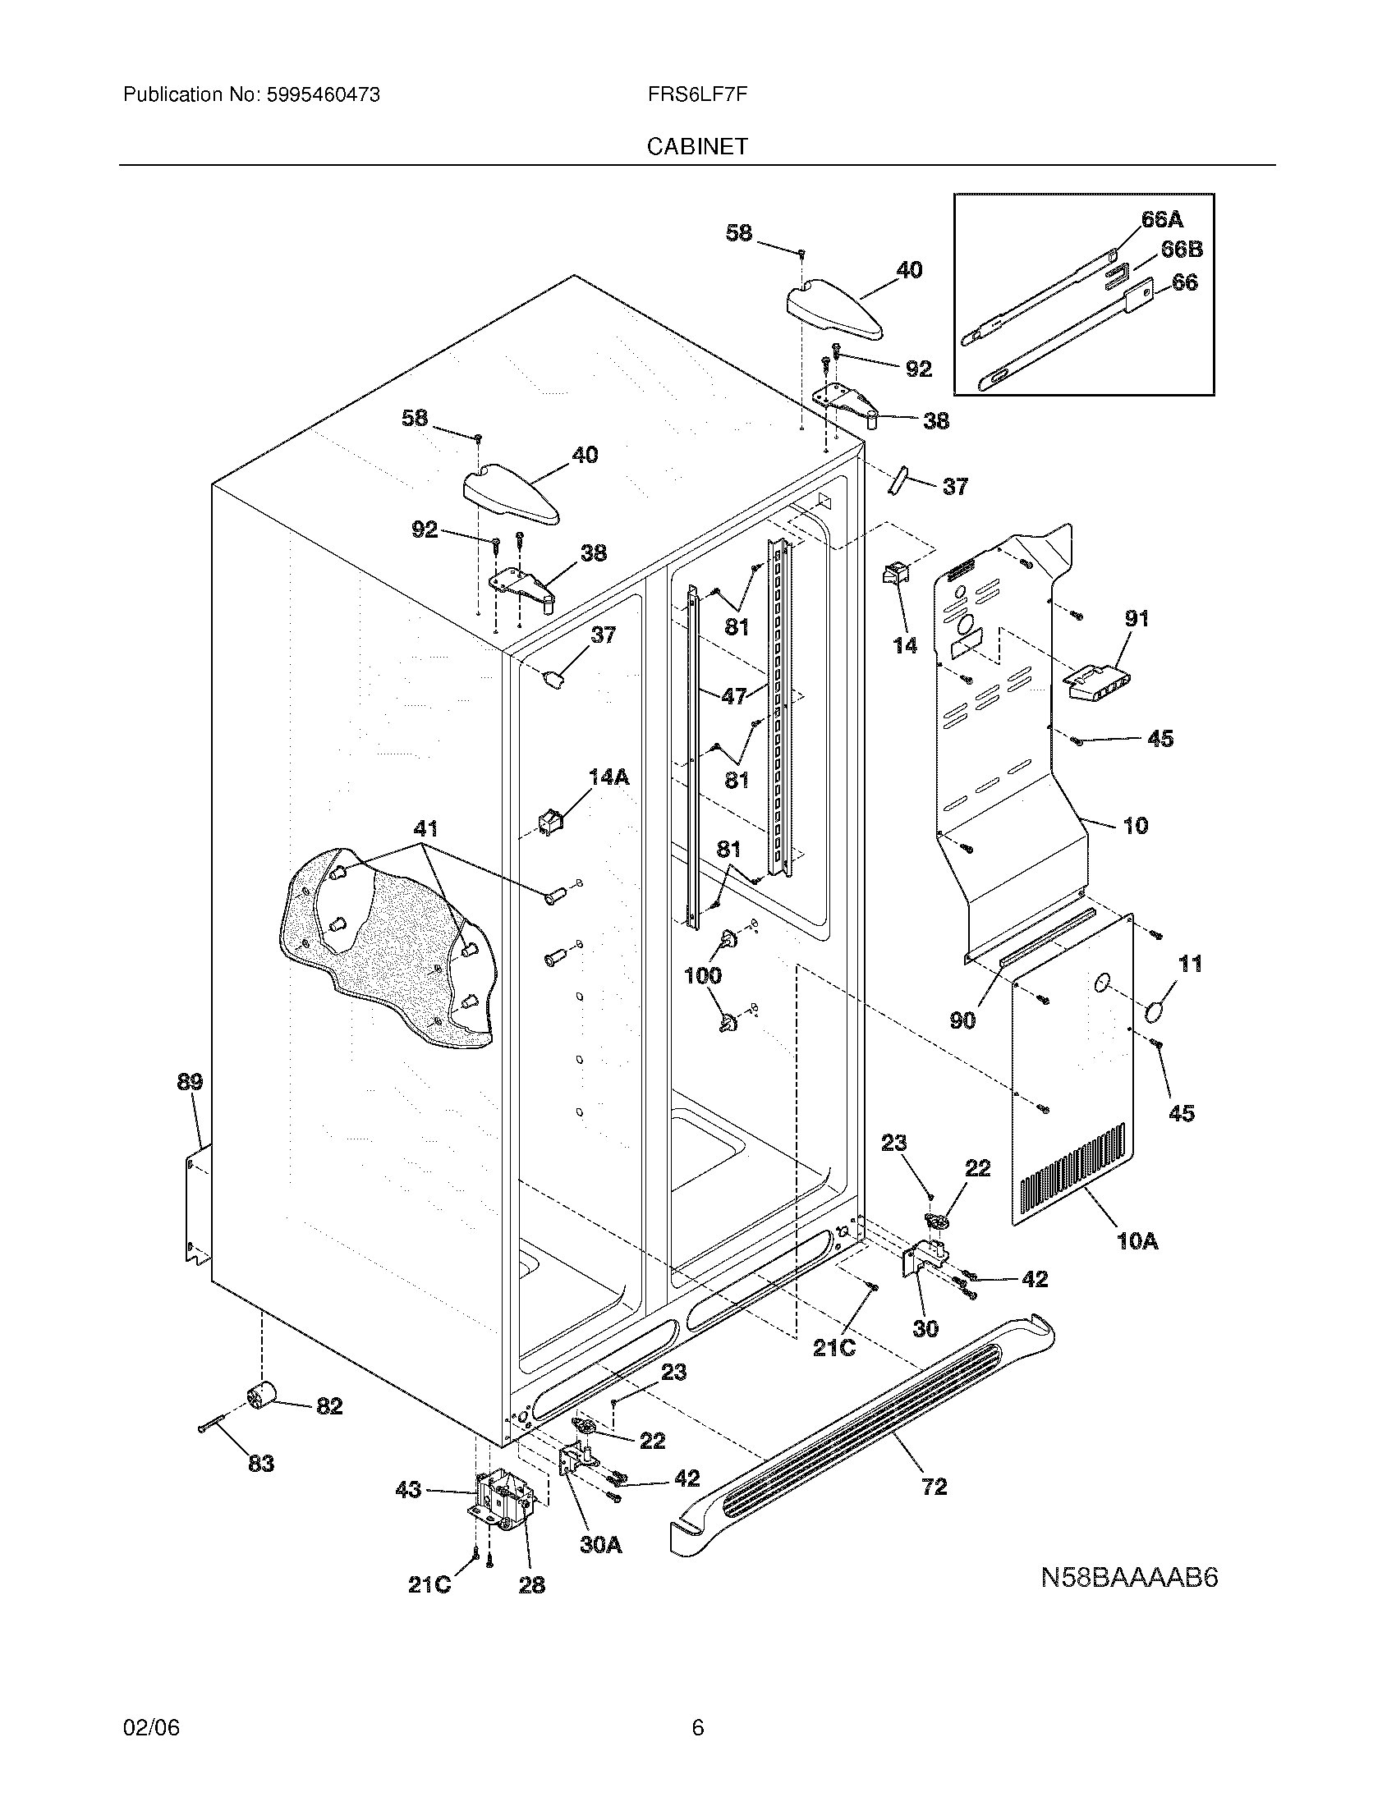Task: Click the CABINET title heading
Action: tap(696, 146)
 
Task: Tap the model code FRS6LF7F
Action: tap(696, 95)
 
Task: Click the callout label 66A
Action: tap(1162, 219)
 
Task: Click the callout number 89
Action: tap(190, 1082)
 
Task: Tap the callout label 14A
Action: tap(608, 777)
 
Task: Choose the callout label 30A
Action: tap(600, 1545)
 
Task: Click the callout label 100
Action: tap(703, 976)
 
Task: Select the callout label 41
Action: tap(425, 827)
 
